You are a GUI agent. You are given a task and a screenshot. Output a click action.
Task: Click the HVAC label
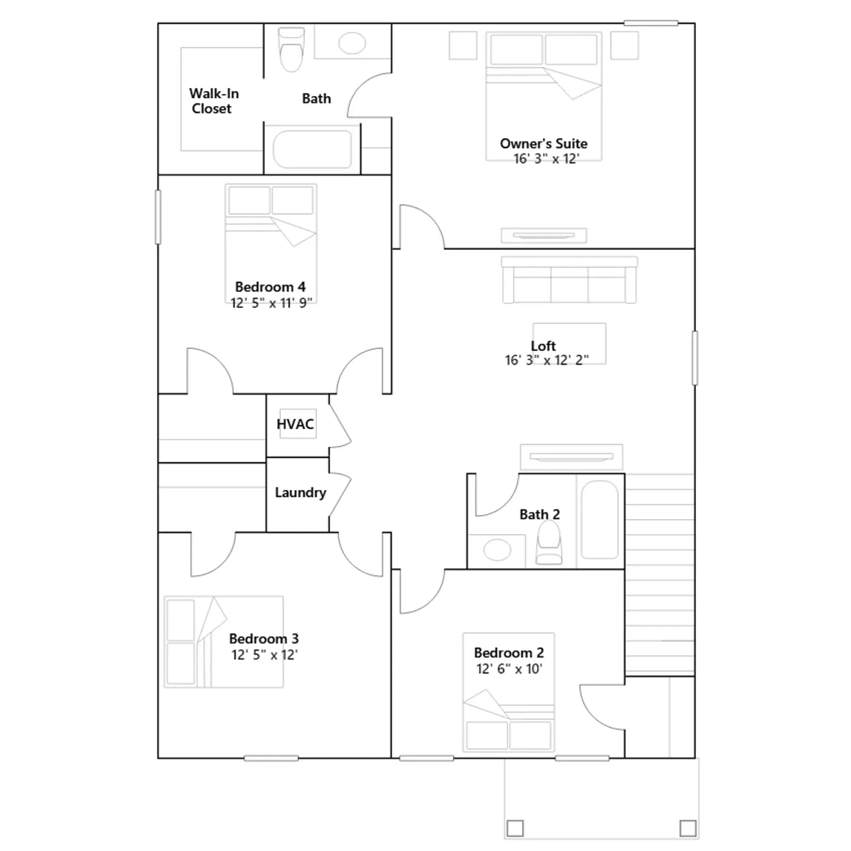coord(295,424)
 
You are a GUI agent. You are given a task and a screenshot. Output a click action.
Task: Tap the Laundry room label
coord(301,493)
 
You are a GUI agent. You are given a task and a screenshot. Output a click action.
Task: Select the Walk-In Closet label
coord(214,101)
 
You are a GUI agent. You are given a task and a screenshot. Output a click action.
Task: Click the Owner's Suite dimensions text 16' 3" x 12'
coord(546,159)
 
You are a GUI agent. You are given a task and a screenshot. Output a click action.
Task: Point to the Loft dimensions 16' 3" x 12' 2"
coord(547,360)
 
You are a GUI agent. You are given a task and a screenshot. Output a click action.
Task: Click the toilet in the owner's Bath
coord(291,49)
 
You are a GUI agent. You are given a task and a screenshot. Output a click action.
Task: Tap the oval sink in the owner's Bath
coord(352,43)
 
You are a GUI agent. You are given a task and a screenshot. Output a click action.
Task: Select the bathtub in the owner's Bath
coord(312,149)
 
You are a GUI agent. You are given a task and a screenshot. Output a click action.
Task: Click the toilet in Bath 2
coord(549,543)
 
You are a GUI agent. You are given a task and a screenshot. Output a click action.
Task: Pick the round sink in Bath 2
coord(497,550)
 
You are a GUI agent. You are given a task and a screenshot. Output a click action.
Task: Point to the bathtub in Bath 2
coord(600,520)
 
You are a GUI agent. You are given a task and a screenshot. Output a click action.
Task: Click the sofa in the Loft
coord(569,280)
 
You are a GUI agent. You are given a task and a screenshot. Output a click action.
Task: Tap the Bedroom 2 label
coord(509,653)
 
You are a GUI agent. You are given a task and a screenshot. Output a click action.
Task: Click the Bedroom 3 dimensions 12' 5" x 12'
coord(264,655)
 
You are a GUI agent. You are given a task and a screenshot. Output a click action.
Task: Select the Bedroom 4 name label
coord(270,287)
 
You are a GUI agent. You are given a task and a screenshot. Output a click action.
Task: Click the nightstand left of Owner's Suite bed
coord(463,46)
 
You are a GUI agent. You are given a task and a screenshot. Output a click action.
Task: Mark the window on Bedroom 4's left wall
coord(158,217)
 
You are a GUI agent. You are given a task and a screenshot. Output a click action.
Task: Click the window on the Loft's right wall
coord(695,358)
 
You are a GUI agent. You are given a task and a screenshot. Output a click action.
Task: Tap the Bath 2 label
coord(540,514)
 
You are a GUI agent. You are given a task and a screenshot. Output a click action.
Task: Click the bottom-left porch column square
coord(515,828)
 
